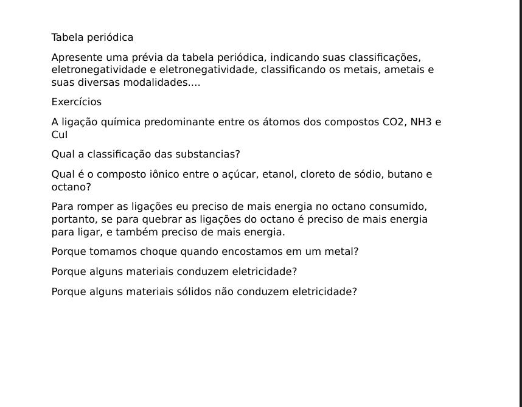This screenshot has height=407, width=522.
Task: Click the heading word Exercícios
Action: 77,102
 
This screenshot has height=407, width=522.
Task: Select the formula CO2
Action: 394,122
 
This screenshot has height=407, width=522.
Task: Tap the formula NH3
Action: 421,122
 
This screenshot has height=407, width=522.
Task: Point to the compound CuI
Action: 60,135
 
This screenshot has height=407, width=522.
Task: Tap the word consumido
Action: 398,207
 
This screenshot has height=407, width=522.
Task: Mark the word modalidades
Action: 156,83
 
